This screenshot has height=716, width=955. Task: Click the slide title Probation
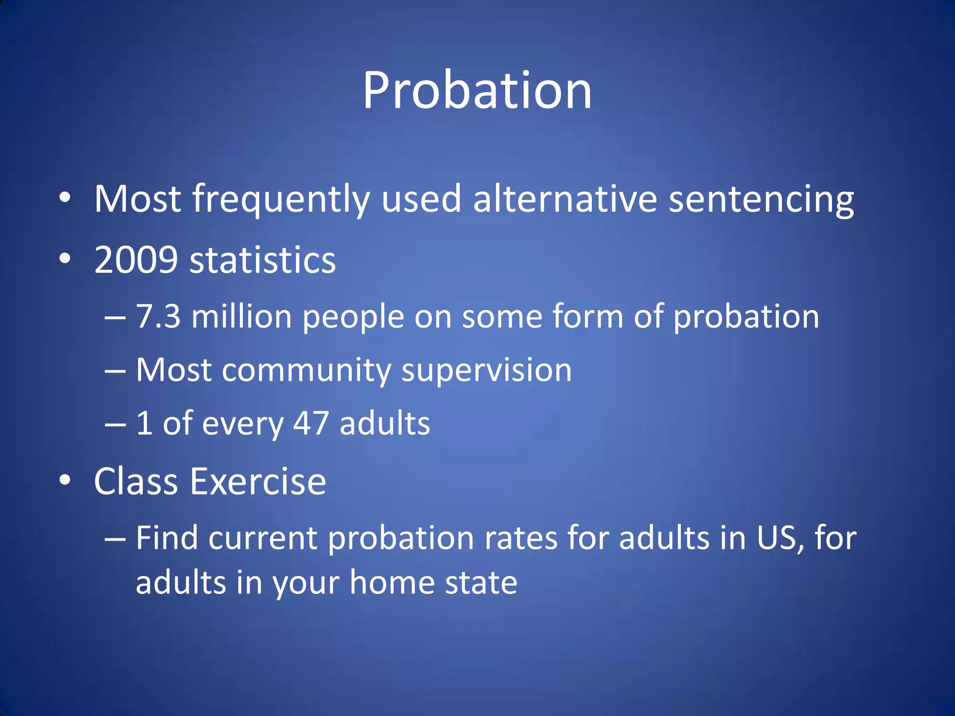pyautogui.click(x=477, y=91)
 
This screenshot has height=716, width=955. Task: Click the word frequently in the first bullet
pyautogui.click(x=281, y=200)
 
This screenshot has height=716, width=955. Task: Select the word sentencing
pyautogui.click(x=761, y=200)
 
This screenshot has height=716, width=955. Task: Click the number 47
pyautogui.click(x=311, y=424)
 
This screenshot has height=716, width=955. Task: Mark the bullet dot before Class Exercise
pyautogui.click(x=65, y=480)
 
